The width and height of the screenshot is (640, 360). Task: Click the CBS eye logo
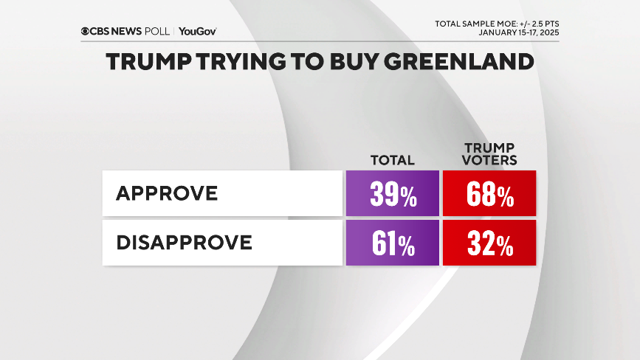tap(86, 31)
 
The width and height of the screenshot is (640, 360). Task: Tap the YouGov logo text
tap(197, 31)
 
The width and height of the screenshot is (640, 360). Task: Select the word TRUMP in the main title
tap(150, 62)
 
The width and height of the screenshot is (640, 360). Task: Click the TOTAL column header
tap(392, 160)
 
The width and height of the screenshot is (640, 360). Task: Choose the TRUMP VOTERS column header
tap(489, 153)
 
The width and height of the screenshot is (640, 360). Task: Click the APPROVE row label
tap(167, 193)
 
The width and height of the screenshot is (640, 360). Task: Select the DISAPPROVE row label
tap(184, 242)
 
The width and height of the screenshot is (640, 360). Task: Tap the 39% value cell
tap(392, 194)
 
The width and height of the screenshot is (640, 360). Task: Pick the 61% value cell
tap(392, 243)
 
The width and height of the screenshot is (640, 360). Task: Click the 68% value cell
tap(489, 194)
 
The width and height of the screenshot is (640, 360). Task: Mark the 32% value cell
tap(489, 243)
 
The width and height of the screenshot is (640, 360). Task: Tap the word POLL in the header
tap(156, 31)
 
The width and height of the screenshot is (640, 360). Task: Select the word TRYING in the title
tap(244, 62)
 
